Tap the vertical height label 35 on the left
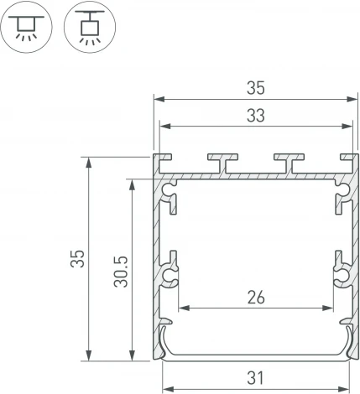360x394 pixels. click(x=76, y=258)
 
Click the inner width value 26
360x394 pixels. click(x=256, y=295)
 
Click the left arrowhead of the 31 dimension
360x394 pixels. click(x=165, y=388)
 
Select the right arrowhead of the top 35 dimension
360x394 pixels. click(x=352, y=97)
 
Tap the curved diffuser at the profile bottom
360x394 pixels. click(x=254, y=349)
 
